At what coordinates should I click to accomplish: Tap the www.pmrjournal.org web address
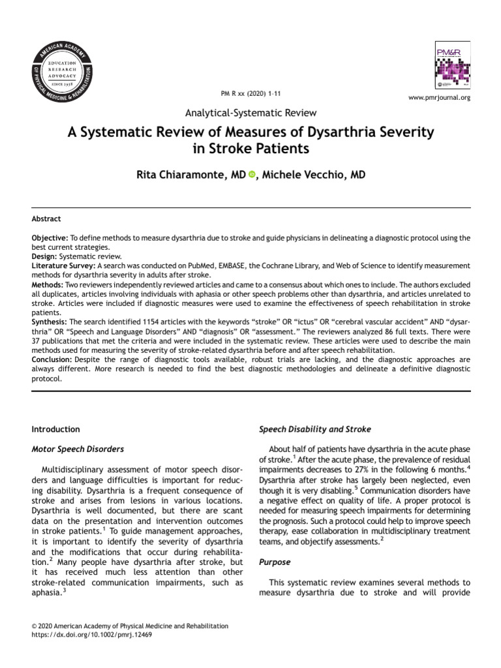(x=438, y=97)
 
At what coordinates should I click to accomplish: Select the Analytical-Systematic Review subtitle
(x=251, y=113)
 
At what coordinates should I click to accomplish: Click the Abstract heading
(x=46, y=219)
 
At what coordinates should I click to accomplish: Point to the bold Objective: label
(x=50, y=239)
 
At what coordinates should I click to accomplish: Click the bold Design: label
(x=45, y=257)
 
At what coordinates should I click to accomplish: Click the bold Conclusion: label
(x=52, y=359)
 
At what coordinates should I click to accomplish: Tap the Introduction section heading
(x=56, y=429)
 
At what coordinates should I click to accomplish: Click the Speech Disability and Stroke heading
(x=315, y=429)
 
